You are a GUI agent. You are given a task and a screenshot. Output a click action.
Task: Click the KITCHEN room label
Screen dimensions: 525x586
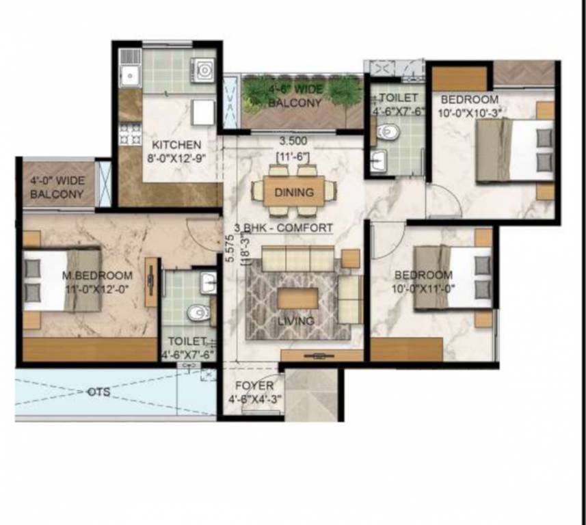click(x=176, y=145)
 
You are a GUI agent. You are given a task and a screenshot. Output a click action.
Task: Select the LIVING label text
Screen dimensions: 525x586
click(x=296, y=321)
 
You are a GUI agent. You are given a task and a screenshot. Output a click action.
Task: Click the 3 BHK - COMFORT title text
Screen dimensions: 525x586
click(x=283, y=228)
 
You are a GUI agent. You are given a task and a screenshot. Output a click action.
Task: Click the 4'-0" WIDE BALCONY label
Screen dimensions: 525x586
click(x=57, y=188)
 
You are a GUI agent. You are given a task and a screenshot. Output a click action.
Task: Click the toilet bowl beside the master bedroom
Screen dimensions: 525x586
click(x=198, y=312)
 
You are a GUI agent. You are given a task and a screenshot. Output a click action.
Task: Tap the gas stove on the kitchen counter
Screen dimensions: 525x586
click(x=128, y=134)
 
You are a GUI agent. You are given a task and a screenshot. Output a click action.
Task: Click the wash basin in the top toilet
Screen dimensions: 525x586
click(x=379, y=161)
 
